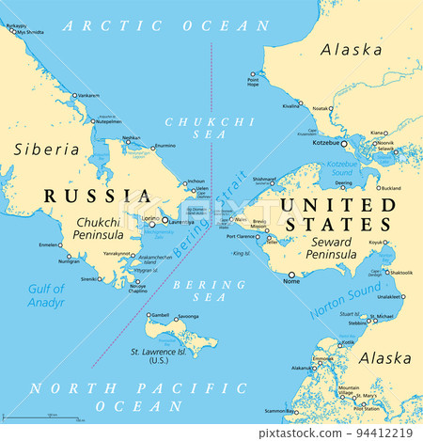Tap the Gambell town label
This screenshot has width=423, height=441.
tap(161, 315)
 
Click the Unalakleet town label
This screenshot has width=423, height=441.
tap(388, 296)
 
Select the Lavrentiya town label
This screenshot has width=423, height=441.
tap(180, 222)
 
